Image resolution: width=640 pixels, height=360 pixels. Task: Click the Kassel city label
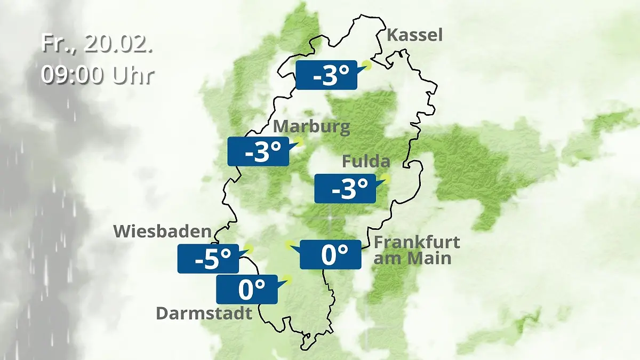414,35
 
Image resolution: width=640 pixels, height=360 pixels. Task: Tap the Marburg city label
311,127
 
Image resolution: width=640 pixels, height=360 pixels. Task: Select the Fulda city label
366,161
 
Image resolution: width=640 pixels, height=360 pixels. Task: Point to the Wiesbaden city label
162,231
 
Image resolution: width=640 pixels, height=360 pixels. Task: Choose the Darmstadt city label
204,313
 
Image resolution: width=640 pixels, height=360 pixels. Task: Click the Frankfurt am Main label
416,250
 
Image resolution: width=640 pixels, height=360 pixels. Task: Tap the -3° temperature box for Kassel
326,75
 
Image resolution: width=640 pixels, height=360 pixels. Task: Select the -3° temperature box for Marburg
258,152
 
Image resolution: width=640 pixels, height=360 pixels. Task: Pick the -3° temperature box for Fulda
345,188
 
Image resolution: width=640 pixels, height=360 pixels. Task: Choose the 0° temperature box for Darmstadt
246,290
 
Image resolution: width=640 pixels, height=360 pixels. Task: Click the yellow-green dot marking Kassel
366,65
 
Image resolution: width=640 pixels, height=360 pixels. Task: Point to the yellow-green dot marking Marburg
299,141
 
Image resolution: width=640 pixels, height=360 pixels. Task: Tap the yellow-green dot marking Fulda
385,179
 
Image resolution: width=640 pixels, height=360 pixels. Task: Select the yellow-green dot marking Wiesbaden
249,249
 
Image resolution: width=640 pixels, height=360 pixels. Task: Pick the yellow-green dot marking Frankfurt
290,245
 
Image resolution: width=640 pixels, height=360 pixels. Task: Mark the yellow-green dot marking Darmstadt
288,279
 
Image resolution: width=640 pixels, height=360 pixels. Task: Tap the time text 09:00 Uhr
97,75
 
